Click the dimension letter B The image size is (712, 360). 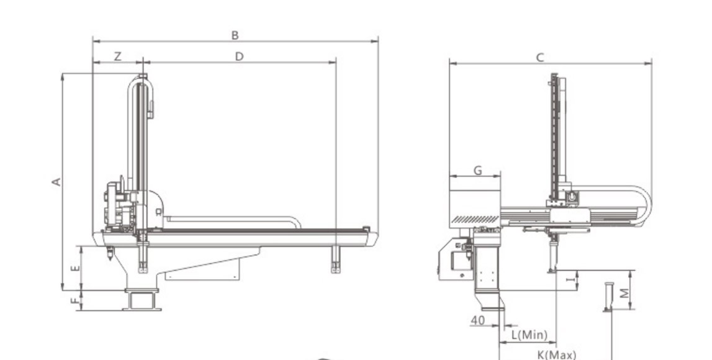235,35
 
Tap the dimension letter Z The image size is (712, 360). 117,56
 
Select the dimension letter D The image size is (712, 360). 240,56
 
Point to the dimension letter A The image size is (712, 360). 56,182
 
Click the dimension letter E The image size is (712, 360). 76,268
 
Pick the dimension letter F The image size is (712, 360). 75,300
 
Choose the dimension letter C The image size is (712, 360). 540,58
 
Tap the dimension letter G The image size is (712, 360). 478,171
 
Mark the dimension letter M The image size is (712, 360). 625,293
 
